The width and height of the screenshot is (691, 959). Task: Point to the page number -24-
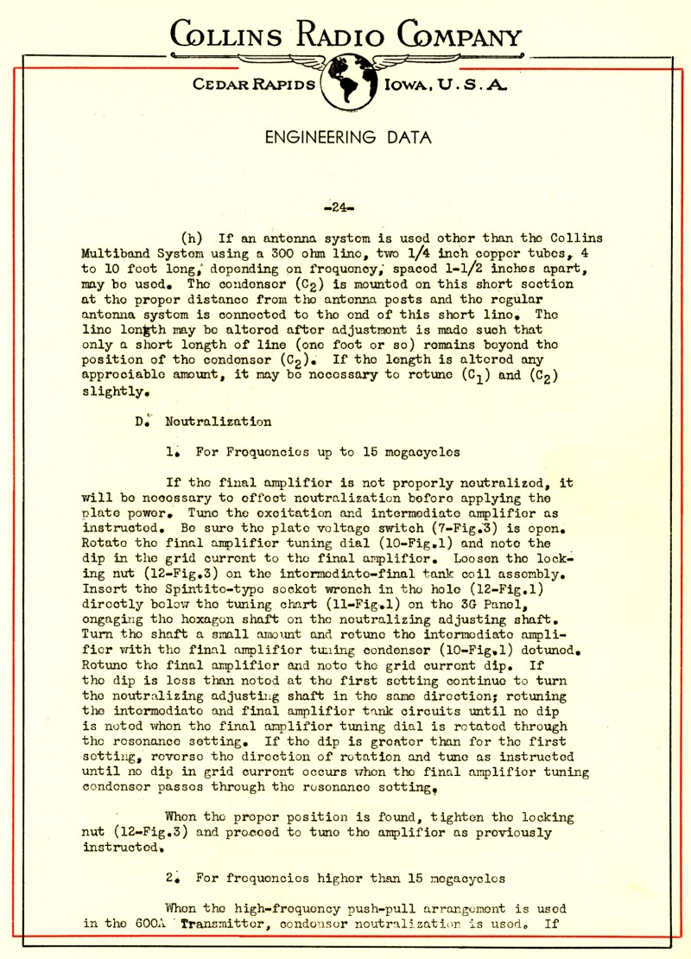click(x=344, y=207)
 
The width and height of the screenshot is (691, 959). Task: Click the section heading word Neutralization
click(x=219, y=422)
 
